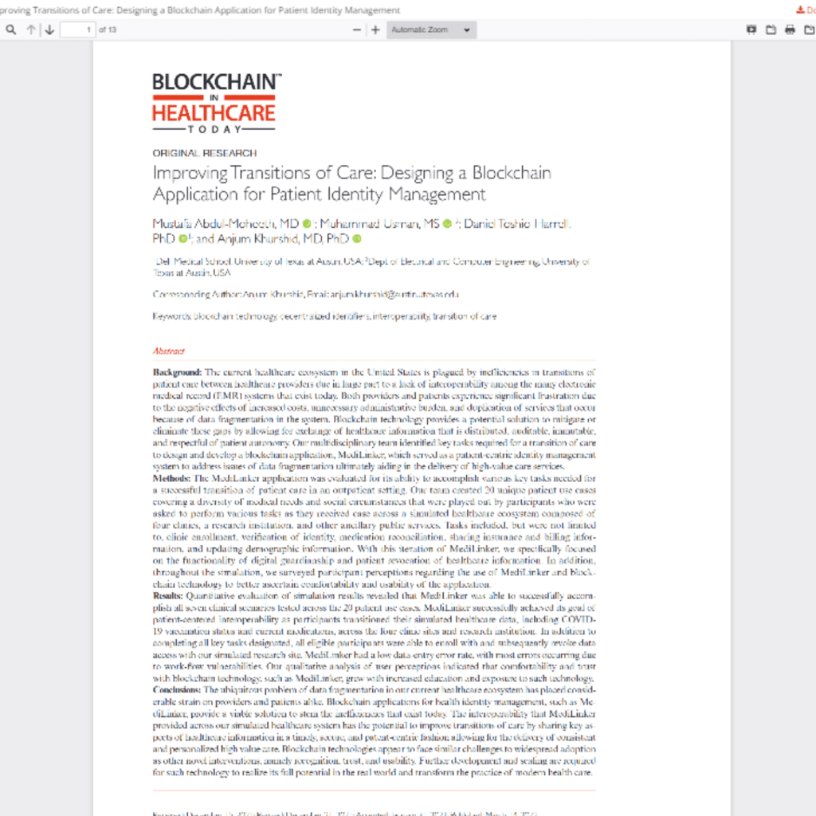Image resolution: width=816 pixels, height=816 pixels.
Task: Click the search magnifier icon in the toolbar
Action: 10,29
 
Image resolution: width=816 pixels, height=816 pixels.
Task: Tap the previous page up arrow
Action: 31,29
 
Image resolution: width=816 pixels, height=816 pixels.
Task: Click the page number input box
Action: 77,29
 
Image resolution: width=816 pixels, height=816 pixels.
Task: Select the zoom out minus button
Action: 357,29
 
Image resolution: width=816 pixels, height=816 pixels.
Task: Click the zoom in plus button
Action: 375,29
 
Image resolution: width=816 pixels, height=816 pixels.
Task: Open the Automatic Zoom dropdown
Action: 431,29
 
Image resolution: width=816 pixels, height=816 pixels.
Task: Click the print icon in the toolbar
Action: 790,29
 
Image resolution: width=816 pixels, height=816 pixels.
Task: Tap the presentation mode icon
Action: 751,29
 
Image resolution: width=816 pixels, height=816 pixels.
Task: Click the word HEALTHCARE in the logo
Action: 214,112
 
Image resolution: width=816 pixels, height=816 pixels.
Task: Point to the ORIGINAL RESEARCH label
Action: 205,153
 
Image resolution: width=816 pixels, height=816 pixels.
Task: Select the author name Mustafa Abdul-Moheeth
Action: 226,223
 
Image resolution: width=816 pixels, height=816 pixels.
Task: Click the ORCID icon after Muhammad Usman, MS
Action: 447,223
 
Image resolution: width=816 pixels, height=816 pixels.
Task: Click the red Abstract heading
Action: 168,351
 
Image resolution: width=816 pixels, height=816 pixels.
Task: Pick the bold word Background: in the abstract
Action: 177,372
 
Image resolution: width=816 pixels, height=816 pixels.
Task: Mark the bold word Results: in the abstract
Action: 168,595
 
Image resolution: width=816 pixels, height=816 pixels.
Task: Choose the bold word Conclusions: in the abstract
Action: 177,688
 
